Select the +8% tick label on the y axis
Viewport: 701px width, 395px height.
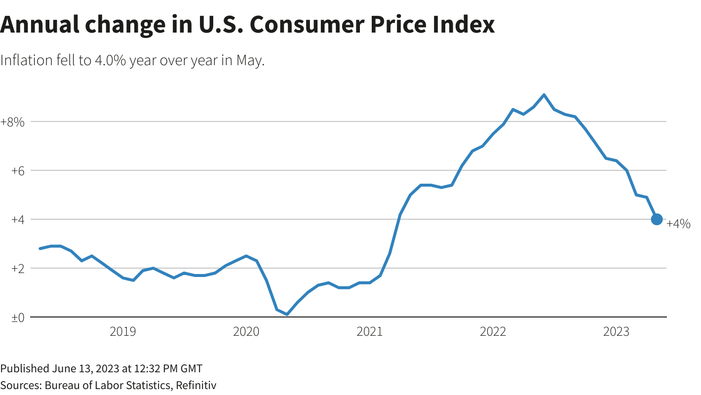(12, 121)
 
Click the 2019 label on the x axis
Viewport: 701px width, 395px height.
(123, 332)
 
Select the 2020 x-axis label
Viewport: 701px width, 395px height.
(246, 332)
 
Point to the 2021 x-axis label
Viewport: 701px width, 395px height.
(370, 332)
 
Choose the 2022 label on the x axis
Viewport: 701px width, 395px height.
(493, 332)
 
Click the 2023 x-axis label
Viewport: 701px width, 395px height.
(617, 332)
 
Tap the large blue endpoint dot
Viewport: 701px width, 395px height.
(657, 219)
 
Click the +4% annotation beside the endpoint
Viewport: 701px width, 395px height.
(679, 224)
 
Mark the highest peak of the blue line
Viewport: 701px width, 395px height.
(544, 95)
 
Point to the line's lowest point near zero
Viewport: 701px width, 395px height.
(287, 314)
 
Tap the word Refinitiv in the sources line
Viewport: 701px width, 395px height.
(196, 385)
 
